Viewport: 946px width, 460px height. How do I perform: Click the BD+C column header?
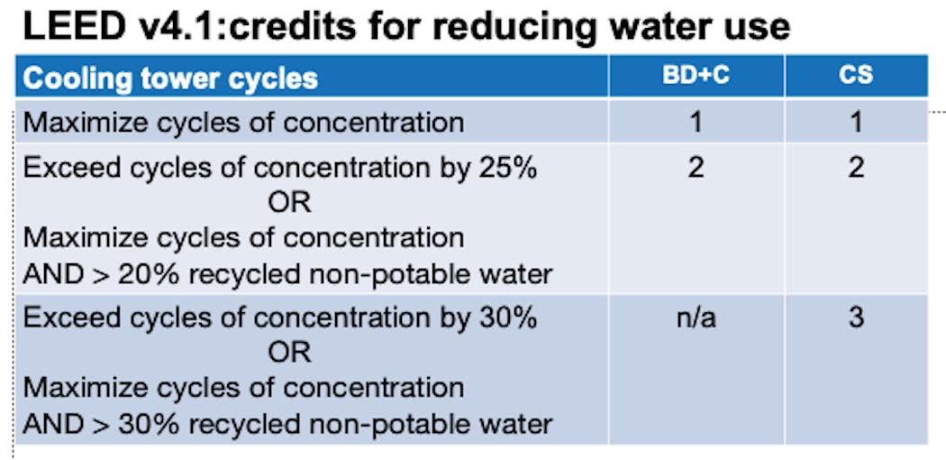coord(696,77)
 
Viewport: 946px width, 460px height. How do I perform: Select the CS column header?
coord(856,77)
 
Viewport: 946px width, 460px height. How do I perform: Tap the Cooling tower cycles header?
coord(171,79)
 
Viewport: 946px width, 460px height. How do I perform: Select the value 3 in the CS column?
coord(856,317)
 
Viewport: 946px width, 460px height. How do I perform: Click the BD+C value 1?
coord(696,123)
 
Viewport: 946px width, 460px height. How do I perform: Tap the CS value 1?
coord(856,123)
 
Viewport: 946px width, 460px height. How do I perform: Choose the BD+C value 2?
coord(696,168)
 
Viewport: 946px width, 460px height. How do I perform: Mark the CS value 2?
coord(856,168)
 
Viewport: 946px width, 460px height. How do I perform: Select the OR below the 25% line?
coord(289,204)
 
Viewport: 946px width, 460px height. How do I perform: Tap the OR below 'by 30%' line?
coord(289,354)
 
